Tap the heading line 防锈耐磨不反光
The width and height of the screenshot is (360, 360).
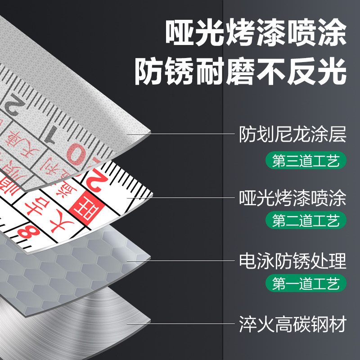[x=240, y=71]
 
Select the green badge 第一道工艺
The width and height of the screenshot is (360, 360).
[x=309, y=283]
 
